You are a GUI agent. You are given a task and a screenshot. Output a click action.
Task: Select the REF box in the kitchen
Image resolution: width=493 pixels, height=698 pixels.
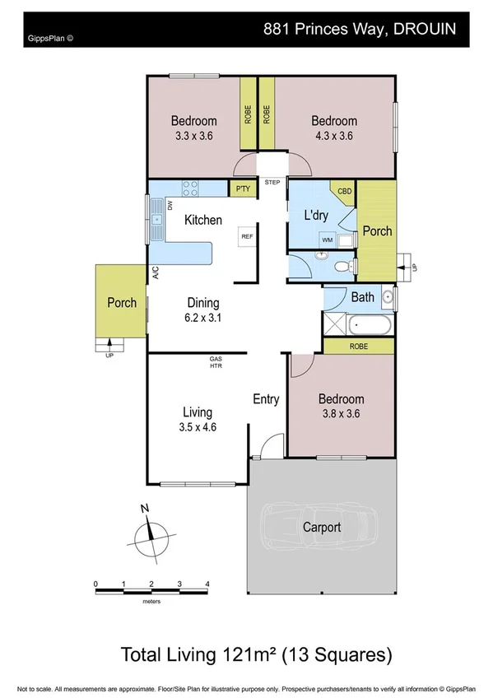tap(246, 236)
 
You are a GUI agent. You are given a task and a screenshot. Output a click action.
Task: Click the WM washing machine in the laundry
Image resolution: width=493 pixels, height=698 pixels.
tap(327, 240)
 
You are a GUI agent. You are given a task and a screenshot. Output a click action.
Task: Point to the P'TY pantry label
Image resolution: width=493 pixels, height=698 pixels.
tap(243, 189)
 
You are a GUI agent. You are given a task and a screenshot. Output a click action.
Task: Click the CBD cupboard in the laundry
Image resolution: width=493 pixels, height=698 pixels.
tap(344, 191)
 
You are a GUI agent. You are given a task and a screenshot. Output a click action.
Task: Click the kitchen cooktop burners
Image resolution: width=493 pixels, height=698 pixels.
tap(191, 188)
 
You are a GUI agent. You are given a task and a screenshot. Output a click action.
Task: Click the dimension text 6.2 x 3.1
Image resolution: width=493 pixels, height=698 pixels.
tap(202, 316)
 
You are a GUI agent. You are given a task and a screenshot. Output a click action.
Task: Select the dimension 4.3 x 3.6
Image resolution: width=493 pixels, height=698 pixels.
tap(333, 137)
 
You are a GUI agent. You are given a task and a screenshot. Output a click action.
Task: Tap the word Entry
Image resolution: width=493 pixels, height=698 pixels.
tap(265, 400)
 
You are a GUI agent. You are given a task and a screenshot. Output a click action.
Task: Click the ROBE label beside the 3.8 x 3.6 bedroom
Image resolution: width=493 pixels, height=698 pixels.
tap(358, 347)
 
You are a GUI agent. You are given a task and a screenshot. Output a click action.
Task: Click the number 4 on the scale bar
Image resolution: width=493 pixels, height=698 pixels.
tap(207, 584)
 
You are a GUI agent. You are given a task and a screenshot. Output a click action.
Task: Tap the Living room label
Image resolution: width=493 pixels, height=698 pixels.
tap(198, 412)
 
